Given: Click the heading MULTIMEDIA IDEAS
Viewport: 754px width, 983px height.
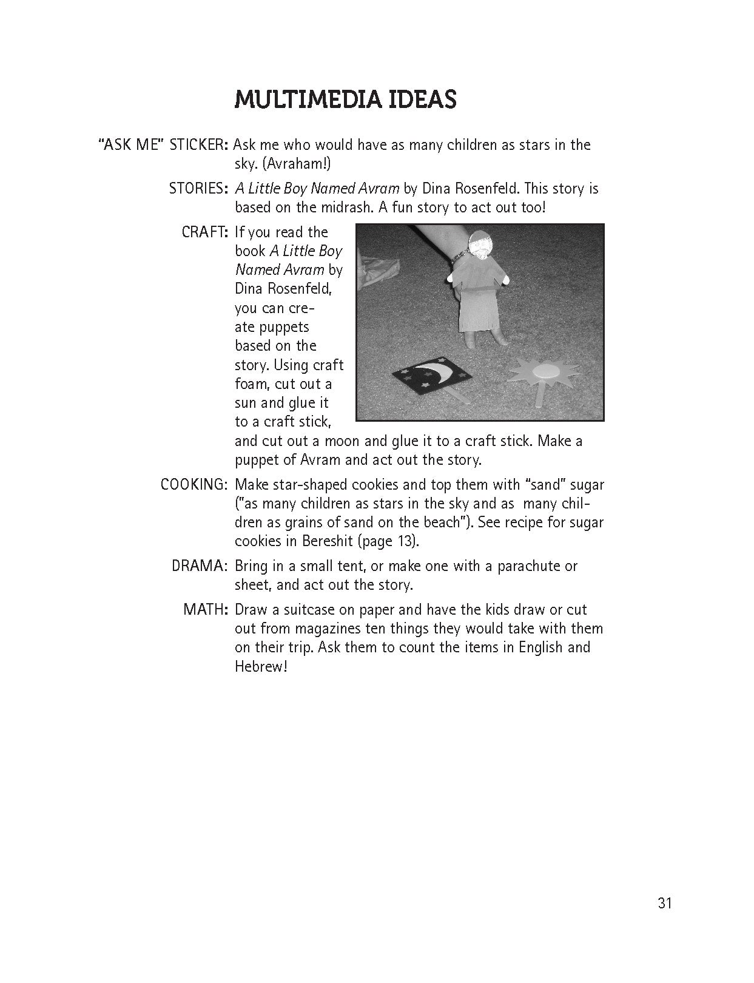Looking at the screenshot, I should click(345, 100).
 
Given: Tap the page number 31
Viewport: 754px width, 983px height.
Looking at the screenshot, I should click(664, 904).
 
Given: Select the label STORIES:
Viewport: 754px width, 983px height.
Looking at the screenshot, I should click(198, 189).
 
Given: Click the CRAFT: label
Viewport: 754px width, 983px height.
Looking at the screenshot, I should click(204, 232).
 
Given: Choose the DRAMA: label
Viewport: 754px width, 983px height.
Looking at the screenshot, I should click(200, 566).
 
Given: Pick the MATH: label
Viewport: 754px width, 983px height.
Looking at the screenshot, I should click(206, 610).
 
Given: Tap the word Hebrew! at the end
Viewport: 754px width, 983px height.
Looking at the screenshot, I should click(260, 667).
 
